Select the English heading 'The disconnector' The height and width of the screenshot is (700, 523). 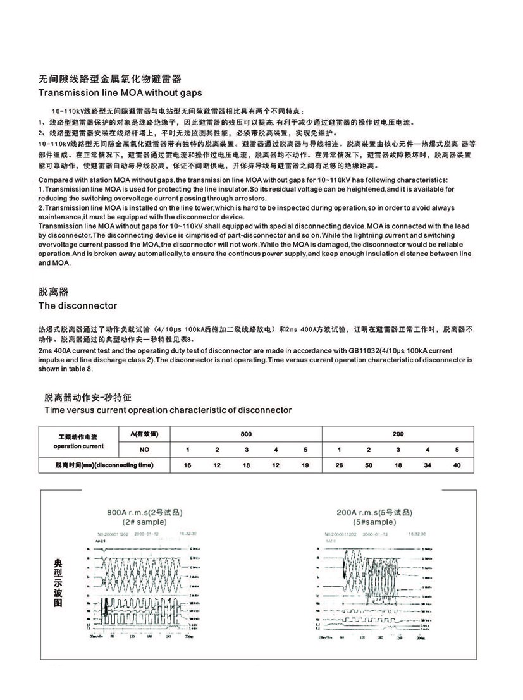click(x=78, y=305)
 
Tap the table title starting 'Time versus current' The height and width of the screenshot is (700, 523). click(x=168, y=410)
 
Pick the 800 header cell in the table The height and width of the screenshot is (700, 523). click(x=245, y=434)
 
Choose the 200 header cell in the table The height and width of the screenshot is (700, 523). click(x=397, y=434)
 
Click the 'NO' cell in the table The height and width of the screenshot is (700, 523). click(x=145, y=450)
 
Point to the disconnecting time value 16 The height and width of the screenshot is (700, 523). click(x=187, y=465)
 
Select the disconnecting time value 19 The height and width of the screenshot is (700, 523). click(x=305, y=465)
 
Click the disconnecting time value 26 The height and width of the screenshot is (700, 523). click(x=340, y=465)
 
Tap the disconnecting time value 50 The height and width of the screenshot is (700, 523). click(x=369, y=465)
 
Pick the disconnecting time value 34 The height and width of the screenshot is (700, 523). click(x=428, y=465)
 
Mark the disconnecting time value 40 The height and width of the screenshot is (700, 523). click(x=457, y=465)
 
